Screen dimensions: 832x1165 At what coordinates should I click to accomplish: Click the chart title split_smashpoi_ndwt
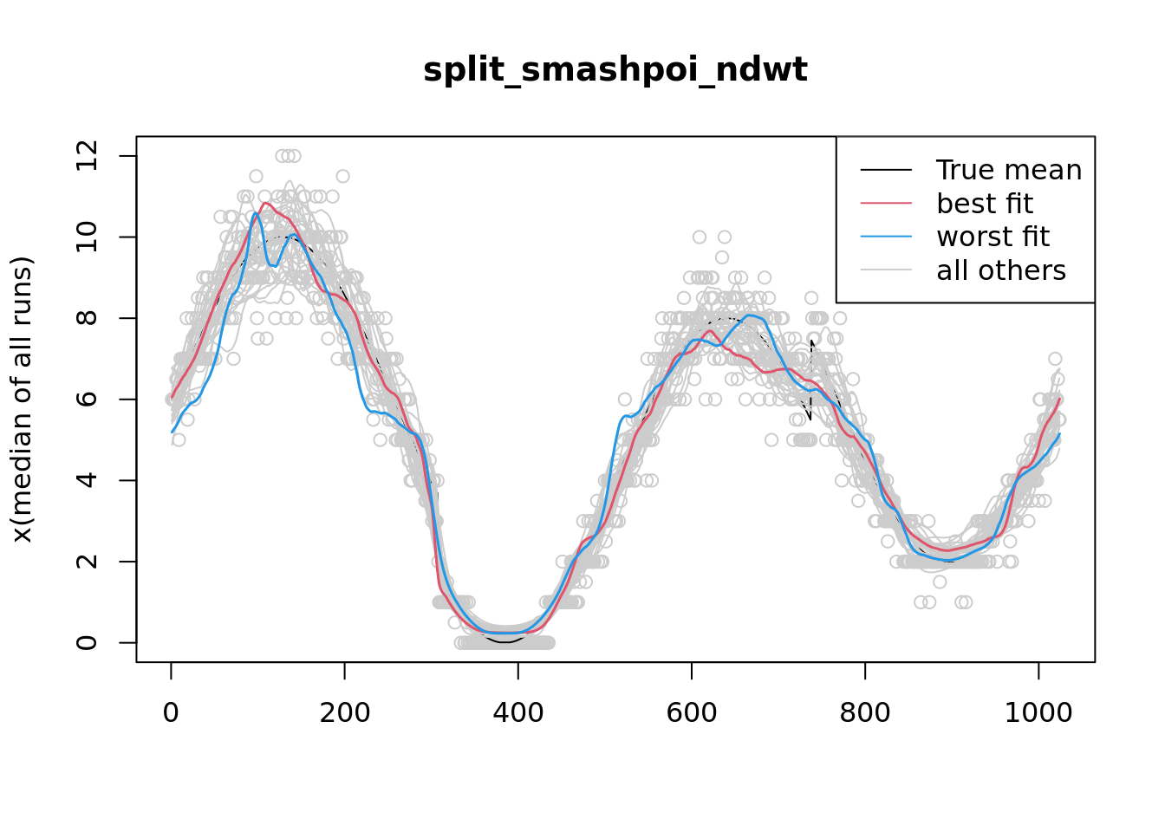(615, 70)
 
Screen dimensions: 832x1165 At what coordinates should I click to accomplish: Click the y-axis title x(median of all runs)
(22, 400)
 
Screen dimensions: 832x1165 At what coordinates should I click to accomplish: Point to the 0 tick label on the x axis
(171, 712)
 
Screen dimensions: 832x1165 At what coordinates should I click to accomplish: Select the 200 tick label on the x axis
(344, 712)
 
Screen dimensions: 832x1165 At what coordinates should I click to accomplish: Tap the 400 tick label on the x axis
(517, 712)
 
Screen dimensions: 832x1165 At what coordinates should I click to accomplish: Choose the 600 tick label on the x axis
(691, 712)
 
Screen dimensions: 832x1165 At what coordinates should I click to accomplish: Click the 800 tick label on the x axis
(864, 712)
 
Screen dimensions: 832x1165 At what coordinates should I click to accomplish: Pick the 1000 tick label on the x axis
(1038, 712)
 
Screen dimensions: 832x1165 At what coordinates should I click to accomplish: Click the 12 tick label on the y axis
(87, 156)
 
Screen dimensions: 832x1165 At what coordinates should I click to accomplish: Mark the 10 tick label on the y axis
(87, 237)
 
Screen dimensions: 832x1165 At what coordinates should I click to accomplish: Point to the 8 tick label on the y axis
(87, 318)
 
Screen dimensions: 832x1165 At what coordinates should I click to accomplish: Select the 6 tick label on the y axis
(87, 399)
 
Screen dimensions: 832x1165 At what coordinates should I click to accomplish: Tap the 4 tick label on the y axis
(87, 480)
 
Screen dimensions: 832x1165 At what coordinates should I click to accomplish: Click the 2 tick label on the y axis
(87, 561)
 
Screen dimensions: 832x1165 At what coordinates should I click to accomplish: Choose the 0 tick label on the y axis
(87, 642)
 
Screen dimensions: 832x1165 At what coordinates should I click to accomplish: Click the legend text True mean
(1009, 170)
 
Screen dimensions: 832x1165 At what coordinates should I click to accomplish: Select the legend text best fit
(985, 204)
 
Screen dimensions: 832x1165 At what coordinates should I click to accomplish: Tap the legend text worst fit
(993, 237)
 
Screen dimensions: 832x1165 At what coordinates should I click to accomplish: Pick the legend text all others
(1001, 270)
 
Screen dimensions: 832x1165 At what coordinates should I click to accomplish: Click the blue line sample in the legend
(886, 237)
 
